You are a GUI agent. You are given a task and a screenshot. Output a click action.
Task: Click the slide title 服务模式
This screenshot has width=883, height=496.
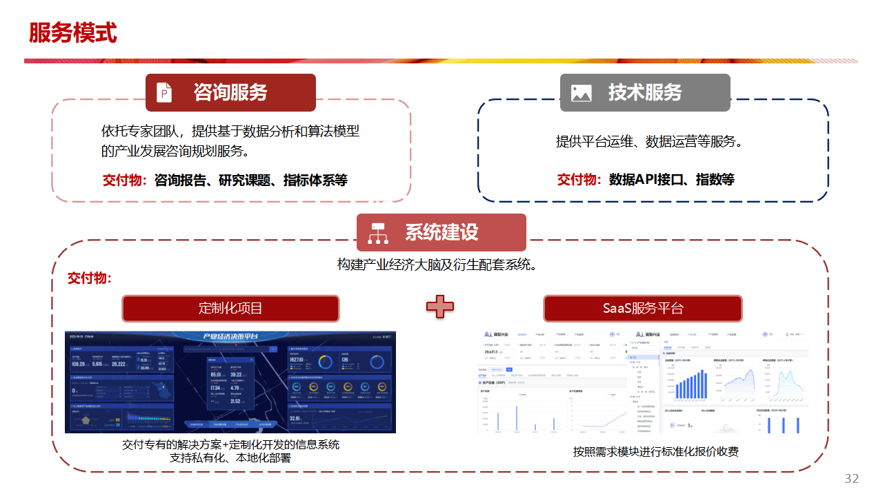click(x=72, y=33)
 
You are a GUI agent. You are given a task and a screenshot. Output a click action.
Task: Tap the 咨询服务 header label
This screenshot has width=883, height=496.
click(x=230, y=92)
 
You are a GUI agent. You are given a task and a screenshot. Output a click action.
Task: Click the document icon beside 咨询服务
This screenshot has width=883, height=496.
click(x=164, y=92)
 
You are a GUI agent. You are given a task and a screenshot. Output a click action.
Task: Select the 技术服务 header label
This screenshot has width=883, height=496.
click(x=645, y=92)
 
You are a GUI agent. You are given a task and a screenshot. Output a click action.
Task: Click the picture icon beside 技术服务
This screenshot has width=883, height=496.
click(x=581, y=93)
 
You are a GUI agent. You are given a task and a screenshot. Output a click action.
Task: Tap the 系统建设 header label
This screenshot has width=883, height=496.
click(x=441, y=232)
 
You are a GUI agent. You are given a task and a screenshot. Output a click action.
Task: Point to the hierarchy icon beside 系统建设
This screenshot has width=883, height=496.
click(x=378, y=233)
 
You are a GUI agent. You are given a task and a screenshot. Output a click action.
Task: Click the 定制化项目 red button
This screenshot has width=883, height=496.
click(x=230, y=308)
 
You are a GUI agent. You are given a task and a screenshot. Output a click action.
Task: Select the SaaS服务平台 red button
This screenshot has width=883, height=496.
click(x=643, y=308)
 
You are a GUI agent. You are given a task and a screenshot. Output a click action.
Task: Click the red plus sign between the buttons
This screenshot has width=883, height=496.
click(x=439, y=307)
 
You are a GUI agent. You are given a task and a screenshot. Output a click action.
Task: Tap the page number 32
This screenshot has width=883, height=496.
click(x=851, y=479)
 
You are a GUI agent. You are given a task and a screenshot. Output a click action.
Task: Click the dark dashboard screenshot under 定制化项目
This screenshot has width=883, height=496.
click(x=230, y=382)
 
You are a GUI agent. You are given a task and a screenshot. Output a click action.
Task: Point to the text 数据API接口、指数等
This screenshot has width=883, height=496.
click(x=671, y=180)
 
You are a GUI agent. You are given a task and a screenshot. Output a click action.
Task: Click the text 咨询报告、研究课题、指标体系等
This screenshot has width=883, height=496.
click(x=251, y=180)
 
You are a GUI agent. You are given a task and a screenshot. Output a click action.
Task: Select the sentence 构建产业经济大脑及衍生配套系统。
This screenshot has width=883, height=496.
click(x=437, y=265)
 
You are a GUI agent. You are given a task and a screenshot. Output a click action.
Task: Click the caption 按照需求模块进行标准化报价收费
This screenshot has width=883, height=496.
click(x=655, y=452)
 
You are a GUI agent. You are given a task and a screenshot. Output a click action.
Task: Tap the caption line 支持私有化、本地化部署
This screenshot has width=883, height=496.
click(x=230, y=457)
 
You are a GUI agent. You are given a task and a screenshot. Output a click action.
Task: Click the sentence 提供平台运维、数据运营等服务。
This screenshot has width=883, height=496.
click(x=649, y=142)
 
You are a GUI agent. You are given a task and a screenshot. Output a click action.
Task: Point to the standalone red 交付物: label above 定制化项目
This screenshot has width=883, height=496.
click(x=90, y=278)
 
